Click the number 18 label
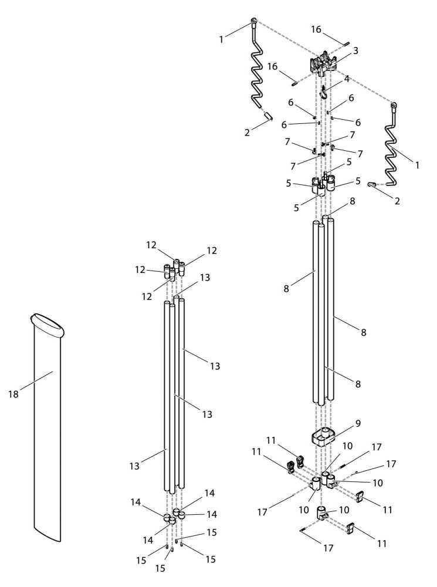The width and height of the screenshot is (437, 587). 13,394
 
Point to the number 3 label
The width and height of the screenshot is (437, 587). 355,51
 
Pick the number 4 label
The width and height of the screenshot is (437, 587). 347,78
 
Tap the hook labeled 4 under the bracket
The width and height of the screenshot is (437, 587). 324,91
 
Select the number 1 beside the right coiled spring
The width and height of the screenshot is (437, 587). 417,166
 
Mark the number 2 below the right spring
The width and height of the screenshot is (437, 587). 398,201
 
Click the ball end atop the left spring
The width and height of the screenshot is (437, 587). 254,22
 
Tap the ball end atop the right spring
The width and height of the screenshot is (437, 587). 394,106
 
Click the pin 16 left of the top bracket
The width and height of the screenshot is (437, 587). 296,82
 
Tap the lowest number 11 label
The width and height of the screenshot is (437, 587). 382,544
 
